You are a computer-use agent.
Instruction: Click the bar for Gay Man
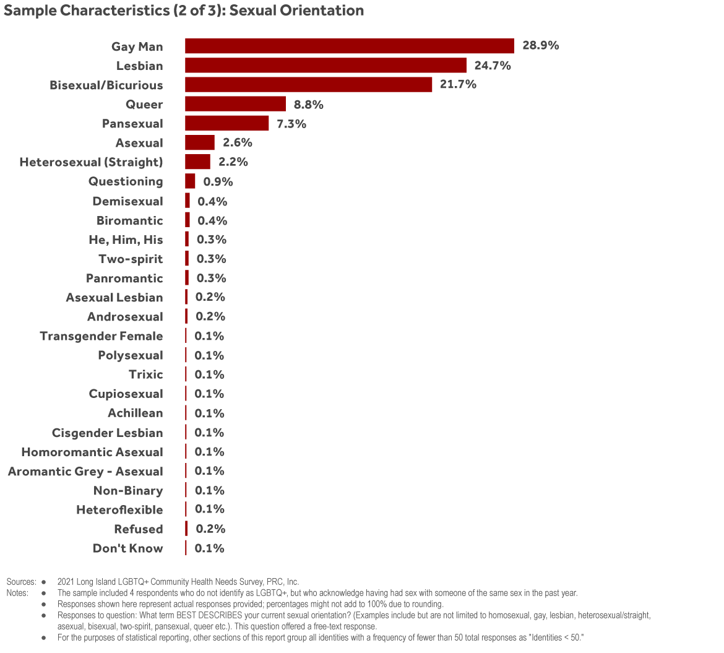pos(350,46)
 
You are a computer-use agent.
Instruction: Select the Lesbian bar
pos(325,66)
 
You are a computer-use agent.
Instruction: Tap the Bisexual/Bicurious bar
pos(309,85)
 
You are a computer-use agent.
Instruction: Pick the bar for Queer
pos(235,104)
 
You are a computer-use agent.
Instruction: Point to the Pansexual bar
pos(227,123)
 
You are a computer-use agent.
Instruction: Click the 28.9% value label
pos(540,46)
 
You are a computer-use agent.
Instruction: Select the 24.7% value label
pos(493,66)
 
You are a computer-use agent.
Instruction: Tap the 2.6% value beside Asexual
pos(238,142)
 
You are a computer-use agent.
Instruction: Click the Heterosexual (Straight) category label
pos(92,162)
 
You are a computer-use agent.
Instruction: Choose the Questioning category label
pos(126,181)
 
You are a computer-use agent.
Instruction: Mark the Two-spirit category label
pos(131,259)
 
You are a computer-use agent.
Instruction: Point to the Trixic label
pos(146,374)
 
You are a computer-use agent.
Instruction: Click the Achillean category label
pos(136,413)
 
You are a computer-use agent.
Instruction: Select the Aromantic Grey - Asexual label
pos(85,471)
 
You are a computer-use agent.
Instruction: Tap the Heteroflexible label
pos(119,510)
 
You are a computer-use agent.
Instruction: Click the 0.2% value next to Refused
pos(210,529)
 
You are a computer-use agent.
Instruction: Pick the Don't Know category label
pos(128,548)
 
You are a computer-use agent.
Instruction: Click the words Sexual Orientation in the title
pos(297,11)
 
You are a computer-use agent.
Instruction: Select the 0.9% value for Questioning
pos(218,181)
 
